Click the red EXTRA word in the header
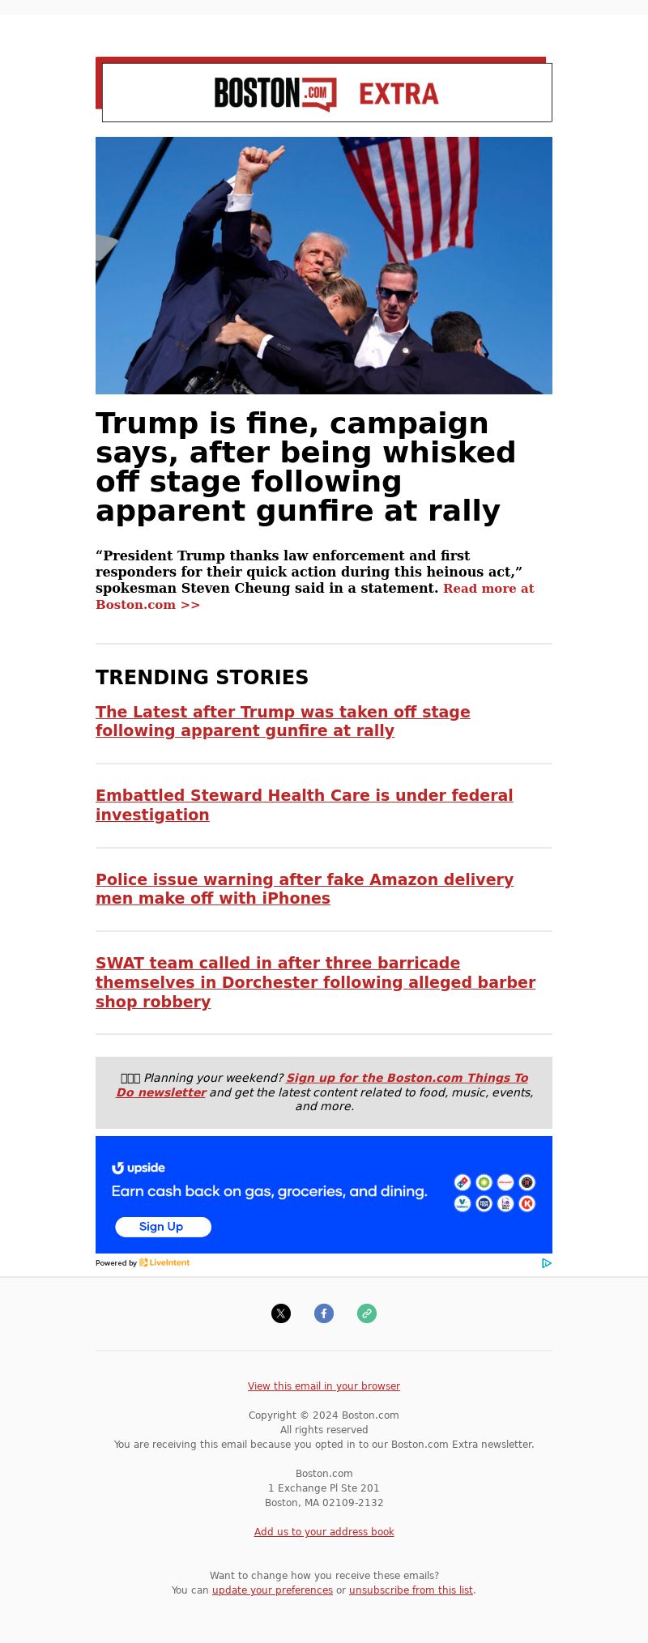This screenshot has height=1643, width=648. [x=399, y=94]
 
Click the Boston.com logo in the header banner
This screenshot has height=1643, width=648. [x=275, y=94]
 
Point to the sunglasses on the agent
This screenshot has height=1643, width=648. [x=395, y=294]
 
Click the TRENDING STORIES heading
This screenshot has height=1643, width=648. [x=202, y=677]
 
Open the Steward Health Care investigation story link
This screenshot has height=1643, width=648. [x=304, y=805]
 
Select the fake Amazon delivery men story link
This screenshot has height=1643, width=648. [x=304, y=888]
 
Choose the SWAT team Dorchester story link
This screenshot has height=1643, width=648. [x=314, y=982]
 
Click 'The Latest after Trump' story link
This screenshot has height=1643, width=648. [x=282, y=721]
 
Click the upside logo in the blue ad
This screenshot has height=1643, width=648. [x=139, y=1168]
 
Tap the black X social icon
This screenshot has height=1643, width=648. [x=281, y=1313]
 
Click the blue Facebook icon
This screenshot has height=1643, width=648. [x=324, y=1313]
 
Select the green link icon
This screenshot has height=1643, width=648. [x=367, y=1313]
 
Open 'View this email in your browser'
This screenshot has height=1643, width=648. [x=324, y=1385]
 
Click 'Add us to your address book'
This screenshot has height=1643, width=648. [x=324, y=1531]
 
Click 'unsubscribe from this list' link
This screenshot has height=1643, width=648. [x=411, y=1590]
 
